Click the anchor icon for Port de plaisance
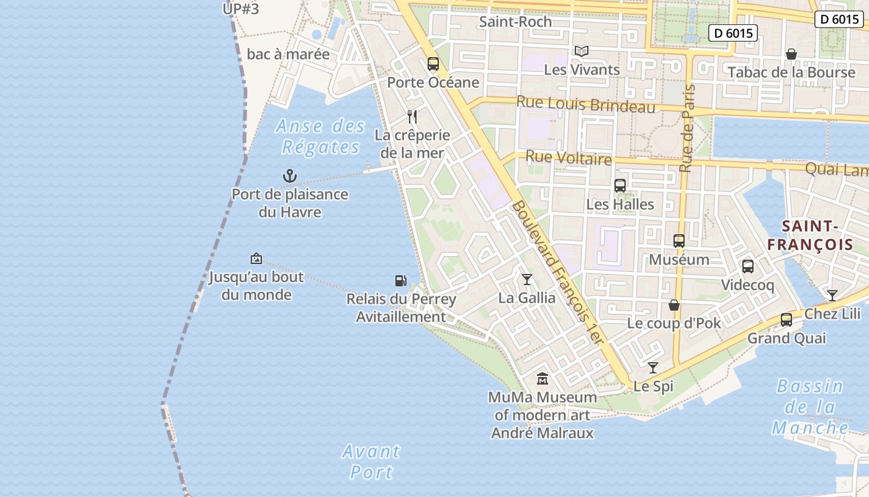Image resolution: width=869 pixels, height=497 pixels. pos(290,176)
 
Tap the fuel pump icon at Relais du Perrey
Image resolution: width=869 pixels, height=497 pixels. pos(400,281)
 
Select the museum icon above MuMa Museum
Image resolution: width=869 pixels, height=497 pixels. pos(543,378)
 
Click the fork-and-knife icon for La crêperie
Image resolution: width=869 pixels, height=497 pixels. pos(412,116)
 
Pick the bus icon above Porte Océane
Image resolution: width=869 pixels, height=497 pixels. pos(433,64)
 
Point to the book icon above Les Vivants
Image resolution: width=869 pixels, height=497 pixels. pos(581,51)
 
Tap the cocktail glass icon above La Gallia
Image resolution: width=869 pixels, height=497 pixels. pos(527,280)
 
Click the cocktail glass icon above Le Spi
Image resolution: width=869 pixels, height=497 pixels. pos(653,368)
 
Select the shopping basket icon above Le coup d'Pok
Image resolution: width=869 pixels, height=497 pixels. pos(674,305)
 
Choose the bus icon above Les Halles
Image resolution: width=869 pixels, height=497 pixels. pos(620,186)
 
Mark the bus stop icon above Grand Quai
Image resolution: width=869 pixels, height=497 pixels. pos(786,320)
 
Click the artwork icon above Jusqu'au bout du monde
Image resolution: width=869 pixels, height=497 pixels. pos(256,258)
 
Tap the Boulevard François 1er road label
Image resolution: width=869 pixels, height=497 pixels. pos(557,273)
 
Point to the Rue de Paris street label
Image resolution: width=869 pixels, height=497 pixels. pos(687,128)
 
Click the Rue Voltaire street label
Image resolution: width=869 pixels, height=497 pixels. pos(569,158)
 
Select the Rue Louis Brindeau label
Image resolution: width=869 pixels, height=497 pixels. pos(586,104)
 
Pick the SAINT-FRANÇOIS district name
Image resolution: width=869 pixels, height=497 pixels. pos(810,235)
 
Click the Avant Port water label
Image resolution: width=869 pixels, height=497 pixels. pos(371,462)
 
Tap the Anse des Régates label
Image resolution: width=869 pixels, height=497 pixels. pos(320,137)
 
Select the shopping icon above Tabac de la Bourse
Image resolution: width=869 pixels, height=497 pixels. pos(791,55)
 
